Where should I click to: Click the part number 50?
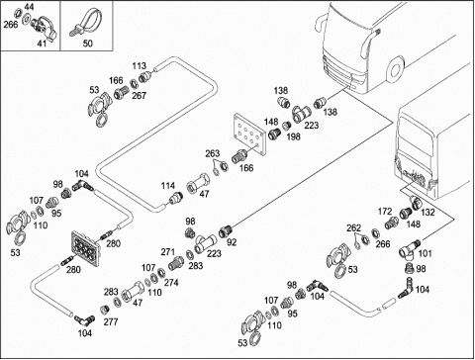coord(87,44)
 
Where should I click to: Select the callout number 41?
coord(42,44)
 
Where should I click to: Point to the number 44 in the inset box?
coord(29,7)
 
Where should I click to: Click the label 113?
coord(139,66)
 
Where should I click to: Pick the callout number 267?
coord(139,96)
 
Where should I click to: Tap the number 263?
coord(212,153)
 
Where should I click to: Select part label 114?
coord(168,186)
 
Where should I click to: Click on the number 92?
coord(232,242)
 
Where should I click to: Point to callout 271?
coord(168,252)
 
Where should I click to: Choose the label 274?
coord(171,283)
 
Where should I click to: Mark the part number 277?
coord(111,321)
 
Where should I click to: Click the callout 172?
coord(385,212)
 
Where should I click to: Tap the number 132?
coord(427,213)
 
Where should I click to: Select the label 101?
coord(425,253)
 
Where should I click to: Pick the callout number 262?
coord(353,228)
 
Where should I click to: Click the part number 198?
coord(293,136)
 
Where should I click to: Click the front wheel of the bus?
coord(395,70)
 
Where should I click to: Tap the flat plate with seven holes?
coord(249,134)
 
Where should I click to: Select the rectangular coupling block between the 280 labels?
coord(85,248)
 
